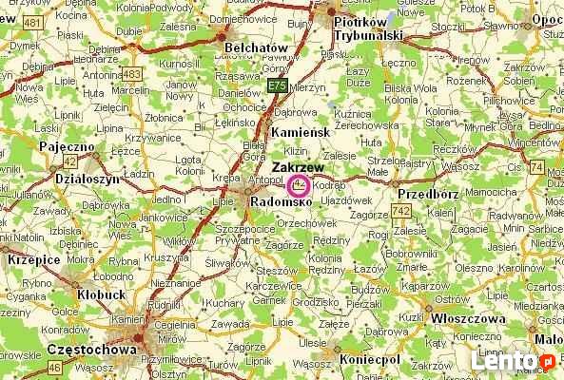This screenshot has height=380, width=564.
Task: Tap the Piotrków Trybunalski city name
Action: click(x=368, y=28)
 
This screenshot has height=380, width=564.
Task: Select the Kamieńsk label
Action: click(x=299, y=132)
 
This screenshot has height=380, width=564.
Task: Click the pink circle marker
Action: click(x=299, y=184)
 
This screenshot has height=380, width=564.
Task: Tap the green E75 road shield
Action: click(x=276, y=86)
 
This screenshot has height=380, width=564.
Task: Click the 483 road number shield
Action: click(x=131, y=74)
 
